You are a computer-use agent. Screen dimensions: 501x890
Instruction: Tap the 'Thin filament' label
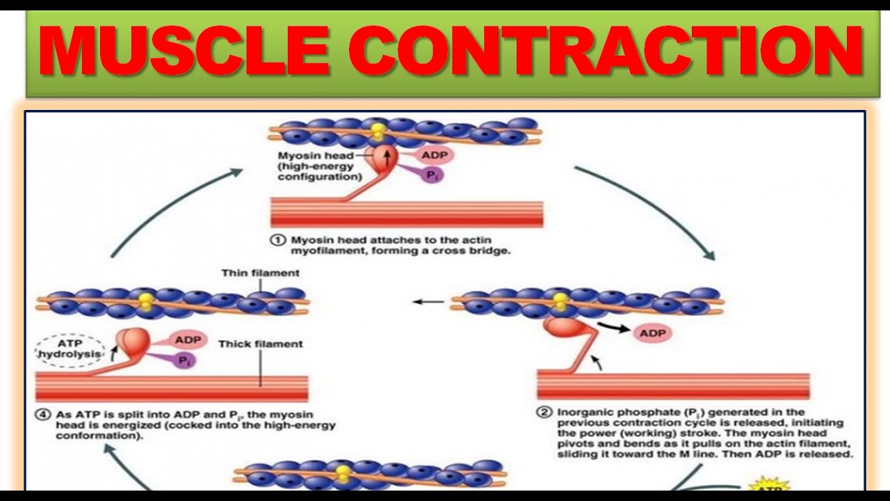pos(250,273)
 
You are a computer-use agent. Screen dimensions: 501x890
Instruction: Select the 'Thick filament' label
pos(261,344)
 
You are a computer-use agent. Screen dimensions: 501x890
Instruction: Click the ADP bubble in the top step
pos(433,154)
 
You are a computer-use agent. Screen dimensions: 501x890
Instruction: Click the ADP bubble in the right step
pos(652,333)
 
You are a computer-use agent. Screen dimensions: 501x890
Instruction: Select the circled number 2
pos(544,412)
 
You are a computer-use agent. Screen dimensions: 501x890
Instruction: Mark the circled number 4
pos(44,415)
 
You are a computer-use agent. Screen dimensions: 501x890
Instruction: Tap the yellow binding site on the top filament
pos(378,131)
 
